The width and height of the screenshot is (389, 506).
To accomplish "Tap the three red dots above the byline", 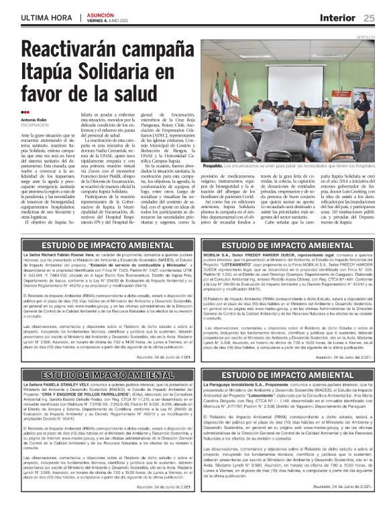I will tap(25, 112).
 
